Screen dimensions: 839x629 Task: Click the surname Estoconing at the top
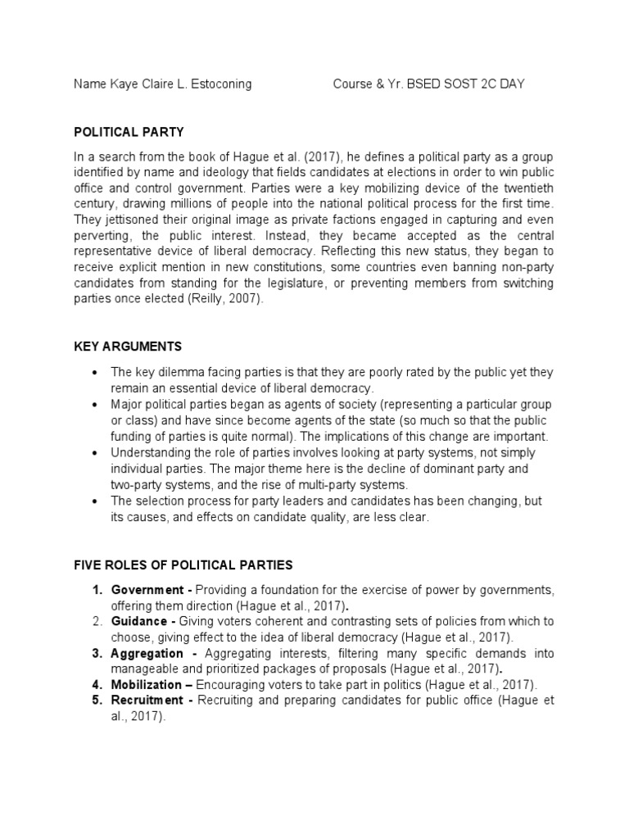pos(216,84)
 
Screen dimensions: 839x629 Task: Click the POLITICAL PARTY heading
pos(129,131)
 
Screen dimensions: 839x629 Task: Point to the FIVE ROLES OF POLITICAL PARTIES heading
pos(183,565)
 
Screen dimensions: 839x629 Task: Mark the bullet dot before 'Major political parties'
pos(97,406)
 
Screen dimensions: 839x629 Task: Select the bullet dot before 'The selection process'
pos(97,501)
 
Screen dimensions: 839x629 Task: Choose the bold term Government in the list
pos(147,591)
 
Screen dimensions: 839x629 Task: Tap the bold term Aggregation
pos(147,653)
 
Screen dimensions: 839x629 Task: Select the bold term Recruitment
pos(147,700)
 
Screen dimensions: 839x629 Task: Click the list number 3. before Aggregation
pos(97,653)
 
